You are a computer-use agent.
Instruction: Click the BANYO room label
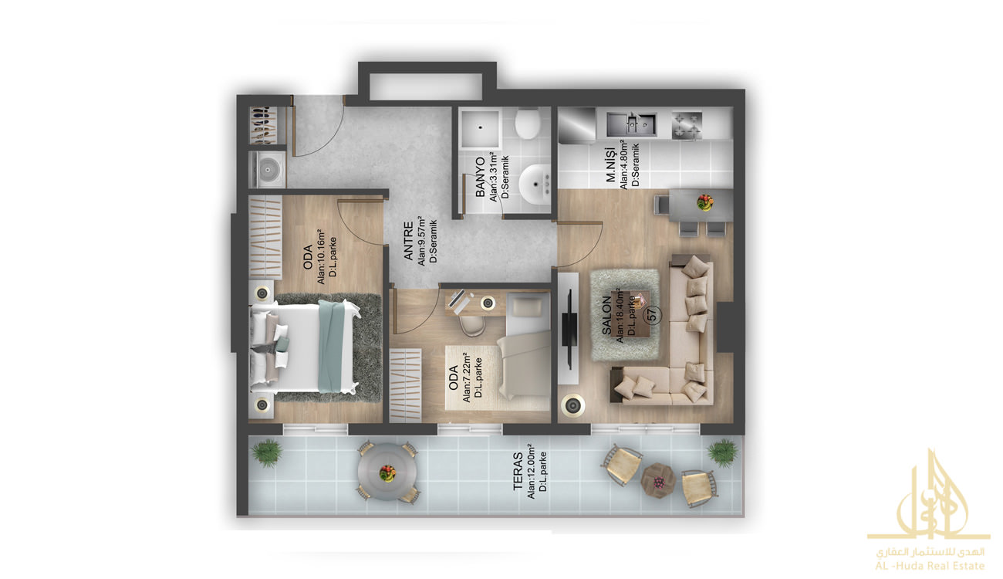click(480, 177)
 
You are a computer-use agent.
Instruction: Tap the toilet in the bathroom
click(527, 124)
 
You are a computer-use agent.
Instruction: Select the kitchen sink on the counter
click(631, 124)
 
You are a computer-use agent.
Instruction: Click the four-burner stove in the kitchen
click(687, 126)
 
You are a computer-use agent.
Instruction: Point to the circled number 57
click(653, 314)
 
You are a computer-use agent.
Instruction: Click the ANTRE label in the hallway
click(408, 241)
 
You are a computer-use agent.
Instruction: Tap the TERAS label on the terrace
click(518, 471)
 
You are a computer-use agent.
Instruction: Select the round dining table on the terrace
click(387, 472)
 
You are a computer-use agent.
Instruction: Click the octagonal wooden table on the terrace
click(658, 481)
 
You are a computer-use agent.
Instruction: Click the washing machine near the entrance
click(267, 169)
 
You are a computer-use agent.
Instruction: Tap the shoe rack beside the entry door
click(267, 126)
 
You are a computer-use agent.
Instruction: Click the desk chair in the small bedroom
click(471, 325)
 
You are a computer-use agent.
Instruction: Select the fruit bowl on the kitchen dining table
click(705, 202)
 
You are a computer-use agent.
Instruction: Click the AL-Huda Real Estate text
click(930, 566)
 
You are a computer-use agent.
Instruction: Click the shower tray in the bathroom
click(481, 129)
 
